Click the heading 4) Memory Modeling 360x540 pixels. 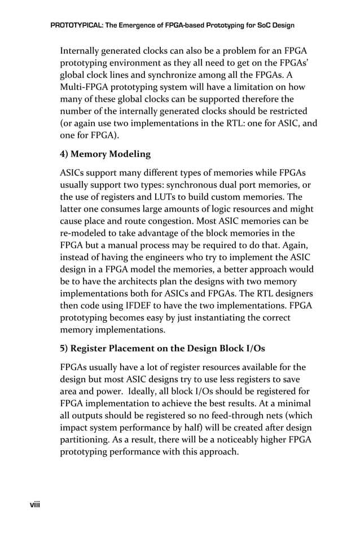pos(106,153)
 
